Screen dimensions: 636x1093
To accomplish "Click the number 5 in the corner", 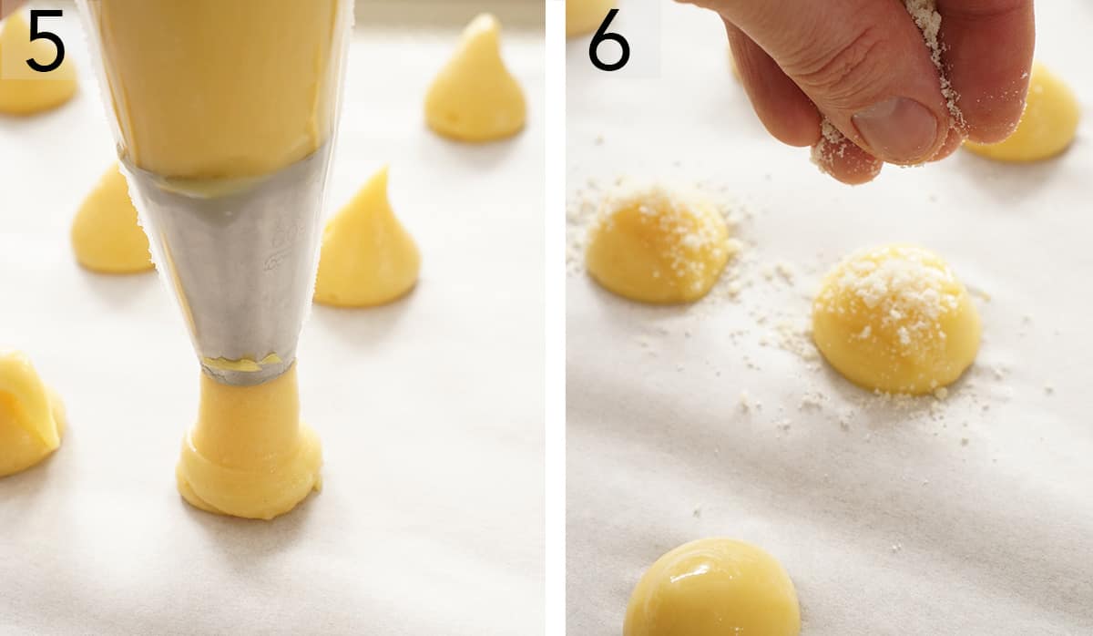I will pyautogui.click(x=45, y=41).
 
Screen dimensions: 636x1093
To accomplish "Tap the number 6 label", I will pyautogui.click(x=608, y=41).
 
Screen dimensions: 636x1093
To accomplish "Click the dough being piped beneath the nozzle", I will pyautogui.click(x=250, y=446).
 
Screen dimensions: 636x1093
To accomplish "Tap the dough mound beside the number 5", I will pyautogui.click(x=36, y=82).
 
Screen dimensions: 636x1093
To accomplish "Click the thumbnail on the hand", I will pyautogui.click(x=897, y=128).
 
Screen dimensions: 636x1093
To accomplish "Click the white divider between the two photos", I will pyautogui.click(x=555, y=318).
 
